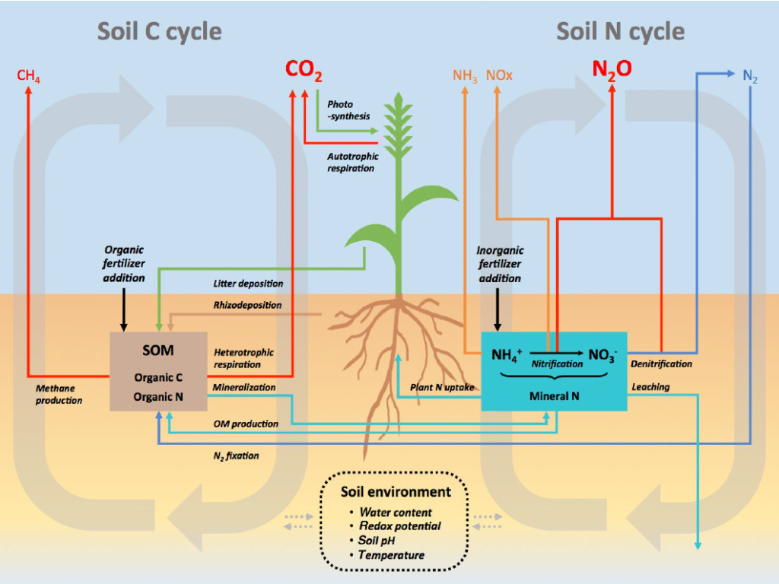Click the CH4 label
pyautogui.click(x=28, y=76)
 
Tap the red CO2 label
pyautogui.click(x=304, y=70)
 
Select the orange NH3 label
pyautogui.click(x=465, y=76)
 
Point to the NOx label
pyautogui.click(x=499, y=75)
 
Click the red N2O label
pyautogui.click(x=612, y=69)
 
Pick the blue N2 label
pyautogui.click(x=749, y=76)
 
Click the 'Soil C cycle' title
pyautogui.click(x=160, y=31)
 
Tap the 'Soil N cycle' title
pyautogui.click(x=620, y=31)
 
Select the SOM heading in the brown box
pyautogui.click(x=158, y=350)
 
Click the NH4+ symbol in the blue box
pyautogui.click(x=507, y=355)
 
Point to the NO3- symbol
pyautogui.click(x=603, y=355)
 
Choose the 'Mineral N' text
pyautogui.click(x=554, y=395)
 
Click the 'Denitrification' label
pyautogui.click(x=661, y=363)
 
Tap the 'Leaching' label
pyautogui.click(x=650, y=386)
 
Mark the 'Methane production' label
pyautogui.click(x=59, y=395)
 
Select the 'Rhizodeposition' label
pyautogui.click(x=247, y=305)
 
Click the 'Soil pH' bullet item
pyautogui.click(x=376, y=541)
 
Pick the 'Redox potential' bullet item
pyautogui.click(x=400, y=526)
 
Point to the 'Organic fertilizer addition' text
pyautogui.click(x=124, y=264)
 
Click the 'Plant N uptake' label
pyautogui.click(x=442, y=387)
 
